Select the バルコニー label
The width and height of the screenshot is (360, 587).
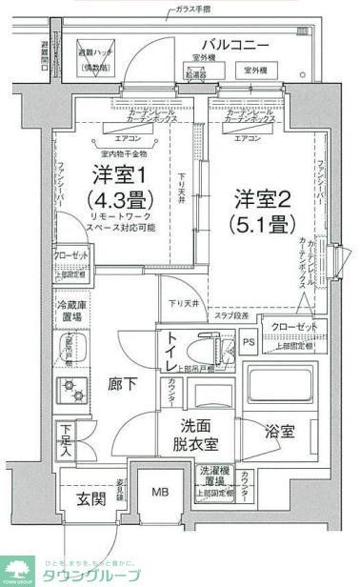click(234, 45)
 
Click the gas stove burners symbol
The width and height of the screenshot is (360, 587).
click(70, 388)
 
